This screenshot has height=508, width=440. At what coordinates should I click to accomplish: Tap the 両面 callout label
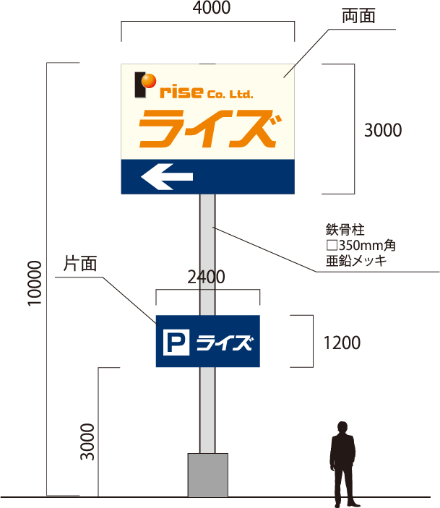pos(359,17)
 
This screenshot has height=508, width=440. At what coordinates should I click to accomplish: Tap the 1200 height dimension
pos(342,342)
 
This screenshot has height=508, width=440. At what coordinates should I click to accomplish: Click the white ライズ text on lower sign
pos(225,342)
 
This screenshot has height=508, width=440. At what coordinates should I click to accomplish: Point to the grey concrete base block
pos(208,474)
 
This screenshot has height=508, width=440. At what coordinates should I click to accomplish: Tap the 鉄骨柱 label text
pos(345,230)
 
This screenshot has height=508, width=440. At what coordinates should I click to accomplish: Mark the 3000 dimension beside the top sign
pos(381,130)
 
